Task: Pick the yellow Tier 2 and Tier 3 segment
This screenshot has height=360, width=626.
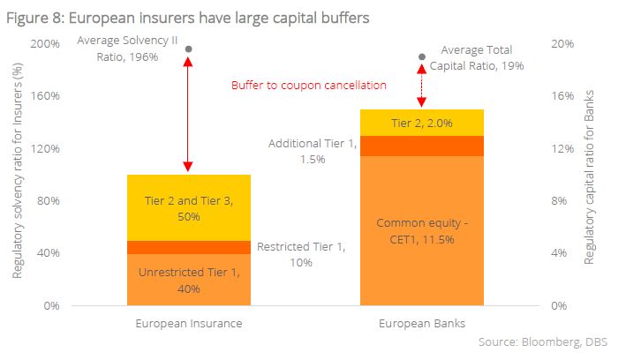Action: click(x=188, y=207)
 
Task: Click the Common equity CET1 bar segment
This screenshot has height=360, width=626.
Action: click(x=421, y=230)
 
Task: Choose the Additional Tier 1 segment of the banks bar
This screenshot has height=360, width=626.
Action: click(x=421, y=146)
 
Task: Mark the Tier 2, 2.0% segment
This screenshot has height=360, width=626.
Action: click(x=421, y=123)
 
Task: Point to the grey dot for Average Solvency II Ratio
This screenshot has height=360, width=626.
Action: click(x=187, y=49)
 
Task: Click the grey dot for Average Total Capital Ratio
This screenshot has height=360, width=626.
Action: click(x=421, y=57)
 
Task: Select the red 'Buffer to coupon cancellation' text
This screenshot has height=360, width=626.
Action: click(x=308, y=86)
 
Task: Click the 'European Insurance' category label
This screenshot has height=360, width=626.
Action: click(x=188, y=324)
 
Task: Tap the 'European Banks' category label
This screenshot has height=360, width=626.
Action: click(x=421, y=324)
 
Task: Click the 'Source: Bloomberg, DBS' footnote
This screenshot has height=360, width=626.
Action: click(x=547, y=341)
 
